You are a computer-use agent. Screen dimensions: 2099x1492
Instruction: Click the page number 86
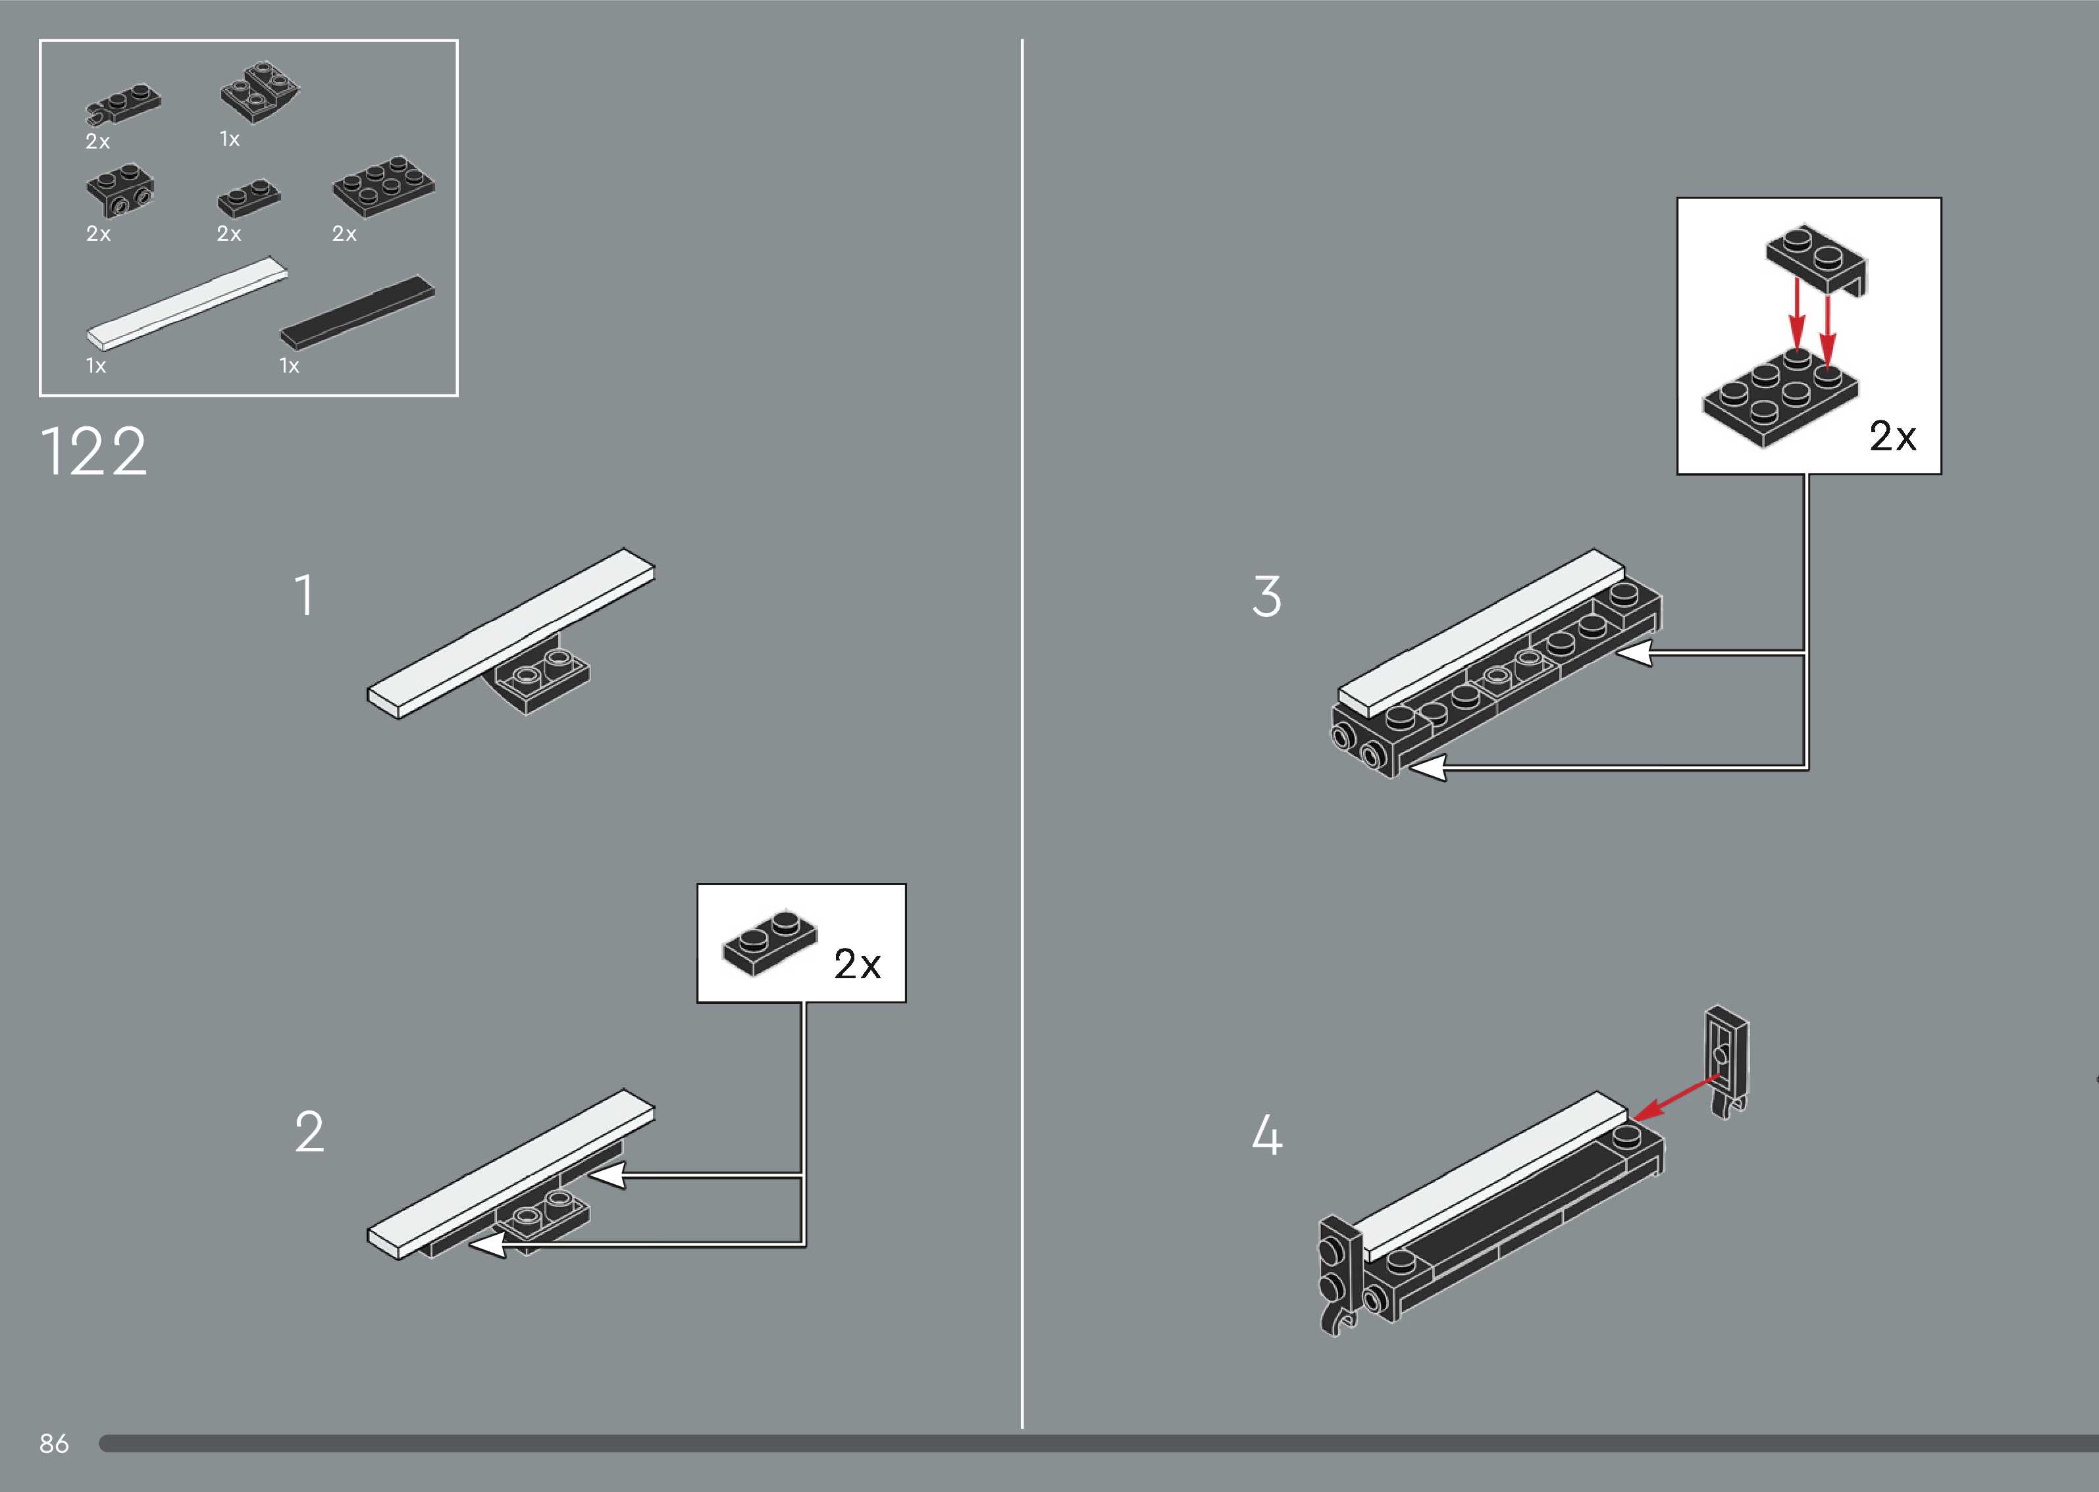tap(53, 1443)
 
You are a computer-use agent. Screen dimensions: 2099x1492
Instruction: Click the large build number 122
tap(93, 451)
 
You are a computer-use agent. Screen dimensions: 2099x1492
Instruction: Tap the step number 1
tap(304, 595)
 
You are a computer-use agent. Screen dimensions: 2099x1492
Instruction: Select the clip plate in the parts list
tap(123, 105)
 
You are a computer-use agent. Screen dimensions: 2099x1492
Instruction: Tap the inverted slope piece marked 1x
tap(260, 93)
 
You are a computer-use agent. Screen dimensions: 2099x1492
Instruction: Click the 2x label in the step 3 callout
tap(1892, 435)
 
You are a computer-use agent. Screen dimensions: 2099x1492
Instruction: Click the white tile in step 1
tap(511, 634)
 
